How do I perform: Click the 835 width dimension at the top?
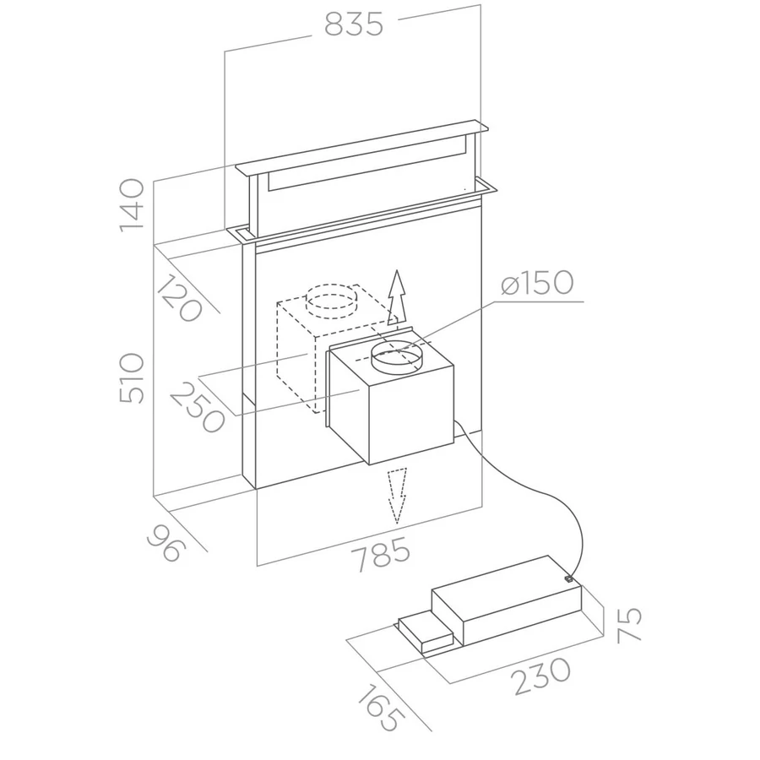point(354,24)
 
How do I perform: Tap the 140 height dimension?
point(132,205)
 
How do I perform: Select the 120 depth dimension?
point(179,297)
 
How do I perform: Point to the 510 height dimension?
point(132,378)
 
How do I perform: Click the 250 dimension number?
point(198,407)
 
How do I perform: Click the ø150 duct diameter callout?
point(537,282)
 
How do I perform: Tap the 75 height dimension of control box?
point(629,625)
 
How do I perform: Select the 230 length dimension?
point(542,676)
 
